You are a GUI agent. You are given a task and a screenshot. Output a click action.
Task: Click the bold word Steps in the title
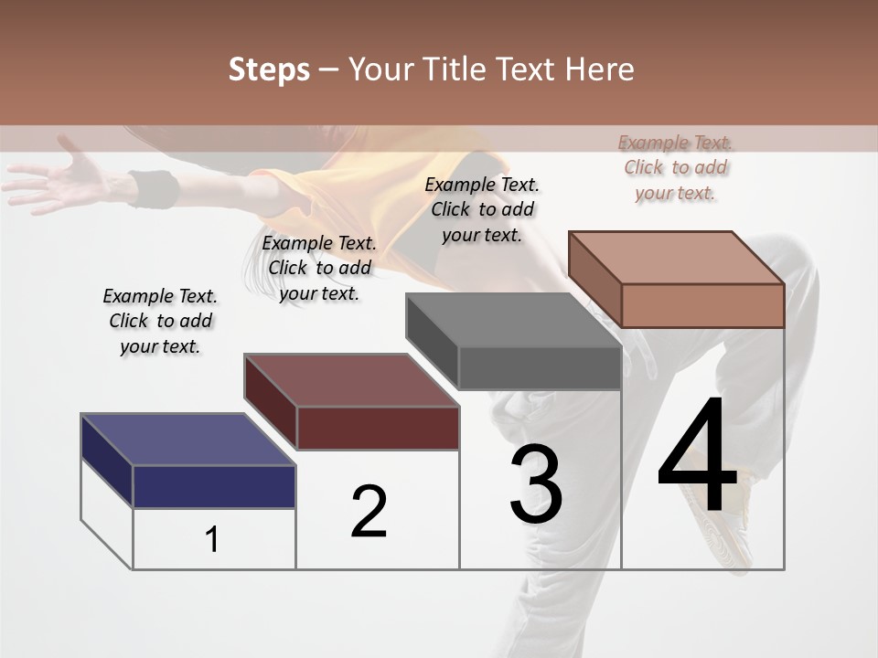269,69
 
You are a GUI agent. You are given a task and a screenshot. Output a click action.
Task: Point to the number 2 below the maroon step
369,512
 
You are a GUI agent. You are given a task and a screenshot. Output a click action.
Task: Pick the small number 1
212,539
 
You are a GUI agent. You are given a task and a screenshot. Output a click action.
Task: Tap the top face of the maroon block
351,380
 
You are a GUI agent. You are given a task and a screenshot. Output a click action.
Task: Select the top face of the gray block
513,320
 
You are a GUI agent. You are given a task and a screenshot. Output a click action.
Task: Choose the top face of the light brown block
676,258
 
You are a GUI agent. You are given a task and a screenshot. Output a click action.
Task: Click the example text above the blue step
160,321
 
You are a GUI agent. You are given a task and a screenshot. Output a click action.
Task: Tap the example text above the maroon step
319,268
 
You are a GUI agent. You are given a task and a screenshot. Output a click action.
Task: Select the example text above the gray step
482,209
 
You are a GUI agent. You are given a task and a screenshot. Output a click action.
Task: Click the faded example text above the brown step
675,167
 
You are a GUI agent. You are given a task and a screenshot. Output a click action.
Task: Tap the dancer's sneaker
723,512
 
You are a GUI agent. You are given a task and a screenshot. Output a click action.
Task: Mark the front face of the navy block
214,486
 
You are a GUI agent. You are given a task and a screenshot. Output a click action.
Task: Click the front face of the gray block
539,368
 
